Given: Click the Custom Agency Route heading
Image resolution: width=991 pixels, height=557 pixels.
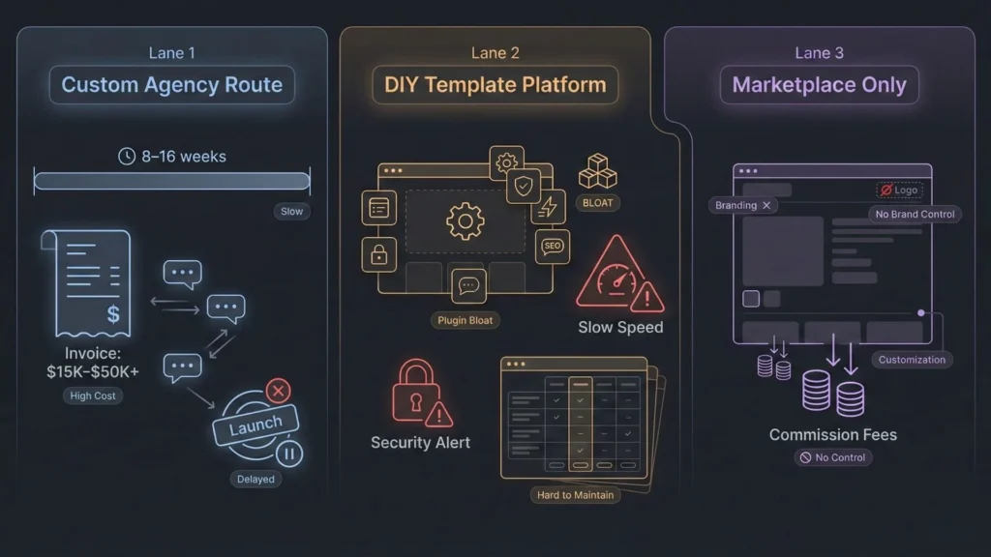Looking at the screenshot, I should click(171, 85).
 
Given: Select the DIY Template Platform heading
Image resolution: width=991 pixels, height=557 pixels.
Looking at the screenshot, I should click(495, 85).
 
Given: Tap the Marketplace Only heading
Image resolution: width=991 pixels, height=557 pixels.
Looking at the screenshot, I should click(819, 85).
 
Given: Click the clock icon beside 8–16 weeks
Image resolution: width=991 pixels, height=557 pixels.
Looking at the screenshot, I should click(126, 156).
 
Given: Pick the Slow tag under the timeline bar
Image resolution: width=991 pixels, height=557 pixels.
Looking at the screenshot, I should click(291, 211).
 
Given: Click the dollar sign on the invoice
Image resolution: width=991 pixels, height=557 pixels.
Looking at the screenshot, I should click(113, 313).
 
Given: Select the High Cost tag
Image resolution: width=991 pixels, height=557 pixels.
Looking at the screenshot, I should click(93, 396).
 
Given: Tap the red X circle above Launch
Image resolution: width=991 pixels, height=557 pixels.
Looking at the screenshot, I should click(278, 391).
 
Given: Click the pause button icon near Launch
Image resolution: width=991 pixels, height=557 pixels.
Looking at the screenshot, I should click(289, 453).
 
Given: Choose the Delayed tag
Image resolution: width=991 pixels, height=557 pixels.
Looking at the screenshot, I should click(255, 479).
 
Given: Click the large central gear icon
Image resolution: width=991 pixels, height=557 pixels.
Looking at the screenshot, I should click(465, 222).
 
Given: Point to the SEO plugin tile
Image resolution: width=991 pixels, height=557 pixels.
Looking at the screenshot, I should click(552, 247).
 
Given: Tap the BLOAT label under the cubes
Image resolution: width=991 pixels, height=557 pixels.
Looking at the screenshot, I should click(597, 203).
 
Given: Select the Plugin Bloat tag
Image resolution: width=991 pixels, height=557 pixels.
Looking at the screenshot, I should click(466, 320).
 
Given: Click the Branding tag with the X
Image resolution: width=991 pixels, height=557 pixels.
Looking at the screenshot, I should click(742, 205).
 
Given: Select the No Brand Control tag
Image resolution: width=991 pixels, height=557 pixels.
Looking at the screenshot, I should click(914, 214).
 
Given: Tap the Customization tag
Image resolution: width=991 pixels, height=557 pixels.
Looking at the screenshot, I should click(912, 360).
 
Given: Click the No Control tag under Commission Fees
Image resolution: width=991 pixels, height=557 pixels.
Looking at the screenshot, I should click(833, 457).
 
